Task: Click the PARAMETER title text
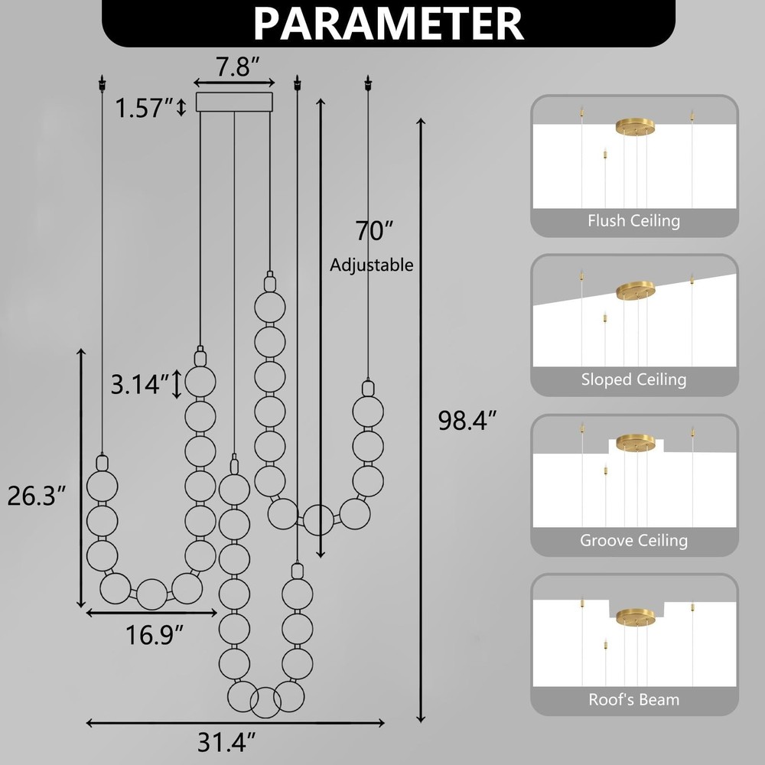pos(389,23)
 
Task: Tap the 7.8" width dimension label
pos(238,67)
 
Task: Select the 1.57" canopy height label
pos(144,108)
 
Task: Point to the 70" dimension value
pos(374,230)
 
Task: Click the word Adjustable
pos(371,265)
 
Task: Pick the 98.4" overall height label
pos(467,420)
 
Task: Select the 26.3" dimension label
pos(37,496)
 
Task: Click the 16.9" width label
pos(155,635)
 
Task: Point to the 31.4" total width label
pos(226,743)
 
